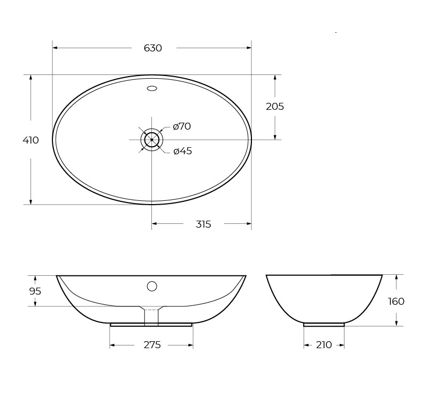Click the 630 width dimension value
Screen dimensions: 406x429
pos(153,48)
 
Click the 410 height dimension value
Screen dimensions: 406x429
pos(30,140)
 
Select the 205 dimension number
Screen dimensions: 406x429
pos(275,107)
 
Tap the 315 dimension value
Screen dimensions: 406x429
pos(203,224)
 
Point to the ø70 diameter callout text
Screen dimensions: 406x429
pos(182,127)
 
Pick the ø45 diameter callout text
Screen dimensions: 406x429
pos(182,151)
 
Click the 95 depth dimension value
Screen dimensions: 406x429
pos(35,291)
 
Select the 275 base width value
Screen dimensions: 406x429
pos(152,345)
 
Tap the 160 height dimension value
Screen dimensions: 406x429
pos(396,302)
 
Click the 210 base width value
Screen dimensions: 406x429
pos(324,345)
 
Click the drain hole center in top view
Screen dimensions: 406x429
pos(152,140)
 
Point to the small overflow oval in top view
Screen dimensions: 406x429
pos(152,88)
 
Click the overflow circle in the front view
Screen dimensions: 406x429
pos(152,286)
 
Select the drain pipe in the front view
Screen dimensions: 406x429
pos(151,317)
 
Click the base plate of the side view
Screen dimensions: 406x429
pos(324,325)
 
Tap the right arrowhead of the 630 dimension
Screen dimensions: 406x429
pos(249,48)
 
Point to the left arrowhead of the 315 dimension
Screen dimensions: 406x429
pos(155,224)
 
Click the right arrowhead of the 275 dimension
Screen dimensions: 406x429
pos(190,345)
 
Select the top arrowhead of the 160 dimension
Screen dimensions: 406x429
pos(396,277)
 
